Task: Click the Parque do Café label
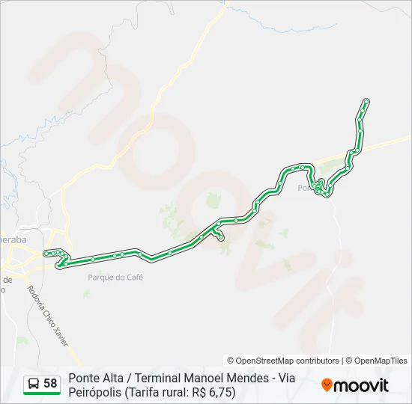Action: click(x=115, y=278)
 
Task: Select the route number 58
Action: click(x=51, y=383)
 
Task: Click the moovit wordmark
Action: click(x=362, y=385)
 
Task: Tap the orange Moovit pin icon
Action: click(x=327, y=385)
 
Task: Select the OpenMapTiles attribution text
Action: click(x=381, y=361)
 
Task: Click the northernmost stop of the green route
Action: click(x=366, y=101)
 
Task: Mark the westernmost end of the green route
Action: click(x=46, y=254)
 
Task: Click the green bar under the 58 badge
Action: click(x=42, y=394)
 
